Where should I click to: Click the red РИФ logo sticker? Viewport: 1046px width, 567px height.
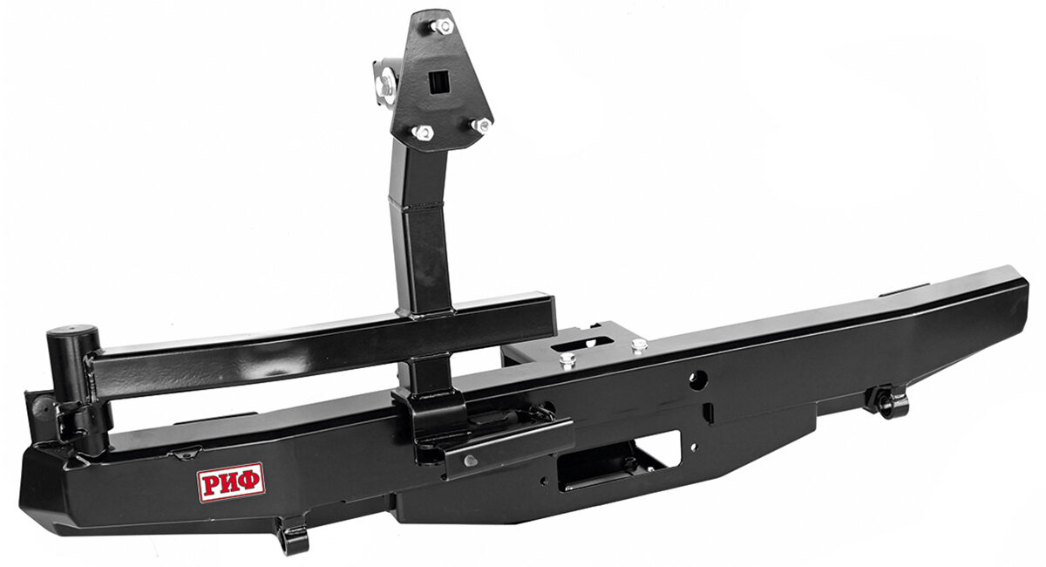[231, 482]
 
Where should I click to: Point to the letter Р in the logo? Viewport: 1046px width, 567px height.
[210, 486]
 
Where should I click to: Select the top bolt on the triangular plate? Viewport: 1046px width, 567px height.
[442, 25]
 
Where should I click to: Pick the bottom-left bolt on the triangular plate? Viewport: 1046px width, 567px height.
[423, 133]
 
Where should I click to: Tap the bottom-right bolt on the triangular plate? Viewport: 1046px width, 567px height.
[482, 125]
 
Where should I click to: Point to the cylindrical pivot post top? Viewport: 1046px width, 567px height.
[73, 333]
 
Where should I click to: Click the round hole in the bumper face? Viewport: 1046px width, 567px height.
[698, 377]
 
